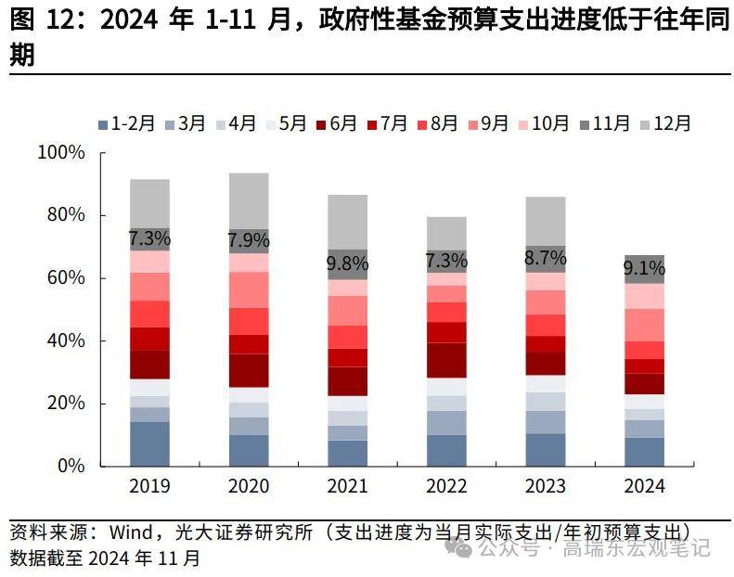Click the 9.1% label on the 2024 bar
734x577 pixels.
pyautogui.click(x=643, y=269)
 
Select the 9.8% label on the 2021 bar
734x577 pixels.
pyautogui.click(x=347, y=263)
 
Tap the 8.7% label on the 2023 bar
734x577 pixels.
pyautogui.click(x=545, y=258)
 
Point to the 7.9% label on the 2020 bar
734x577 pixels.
pyautogui.click(x=249, y=240)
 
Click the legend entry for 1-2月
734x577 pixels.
pyautogui.click(x=126, y=123)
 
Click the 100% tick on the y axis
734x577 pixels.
pyautogui.click(x=60, y=152)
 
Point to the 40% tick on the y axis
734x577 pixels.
pyautogui.click(x=65, y=340)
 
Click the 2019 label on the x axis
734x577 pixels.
pyautogui.click(x=149, y=486)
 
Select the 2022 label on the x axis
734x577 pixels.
pyautogui.click(x=445, y=486)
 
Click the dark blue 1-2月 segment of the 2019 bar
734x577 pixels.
pyautogui.click(x=149, y=443)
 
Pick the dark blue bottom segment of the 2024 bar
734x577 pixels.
pyautogui.click(x=643, y=451)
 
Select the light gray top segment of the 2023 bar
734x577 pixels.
pyautogui.click(x=545, y=221)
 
